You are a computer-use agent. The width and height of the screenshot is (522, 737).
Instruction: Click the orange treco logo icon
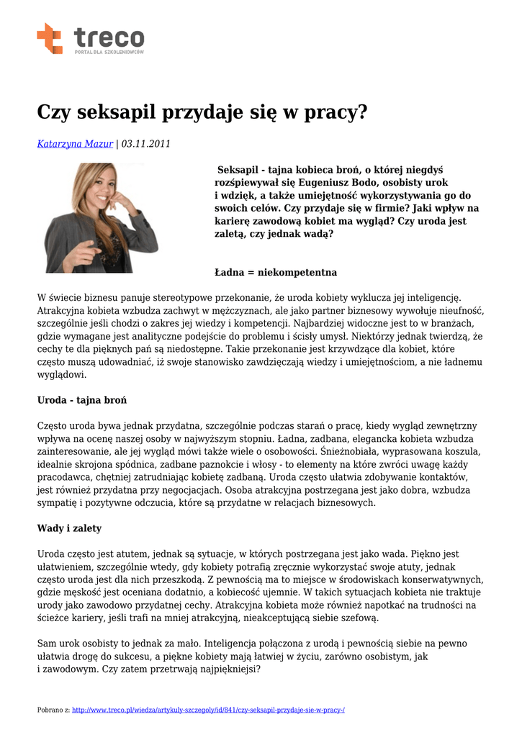(50, 38)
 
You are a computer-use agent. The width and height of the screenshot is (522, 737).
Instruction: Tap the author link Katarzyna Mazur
(75, 144)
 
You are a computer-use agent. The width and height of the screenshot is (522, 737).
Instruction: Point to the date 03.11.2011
(146, 144)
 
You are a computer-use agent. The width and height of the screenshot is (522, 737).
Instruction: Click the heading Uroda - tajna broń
(82, 400)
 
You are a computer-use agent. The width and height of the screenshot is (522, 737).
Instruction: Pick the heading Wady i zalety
(69, 528)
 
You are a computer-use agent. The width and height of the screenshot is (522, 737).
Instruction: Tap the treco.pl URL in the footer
(209, 710)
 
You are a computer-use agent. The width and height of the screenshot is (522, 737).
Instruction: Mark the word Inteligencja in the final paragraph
(235, 643)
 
